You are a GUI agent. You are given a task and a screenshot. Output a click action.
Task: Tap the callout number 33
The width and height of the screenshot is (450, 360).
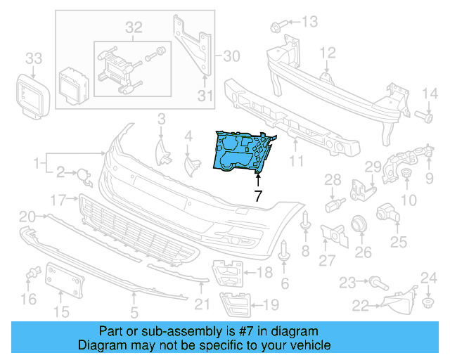34,57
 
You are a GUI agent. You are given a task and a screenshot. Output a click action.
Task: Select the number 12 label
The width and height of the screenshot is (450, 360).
328,53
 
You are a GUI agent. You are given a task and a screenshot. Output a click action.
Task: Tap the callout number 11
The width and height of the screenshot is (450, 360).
296,161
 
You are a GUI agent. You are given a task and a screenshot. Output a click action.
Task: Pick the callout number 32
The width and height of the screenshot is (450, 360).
134,27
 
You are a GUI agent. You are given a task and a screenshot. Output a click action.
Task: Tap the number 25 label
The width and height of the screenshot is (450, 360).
399,243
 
